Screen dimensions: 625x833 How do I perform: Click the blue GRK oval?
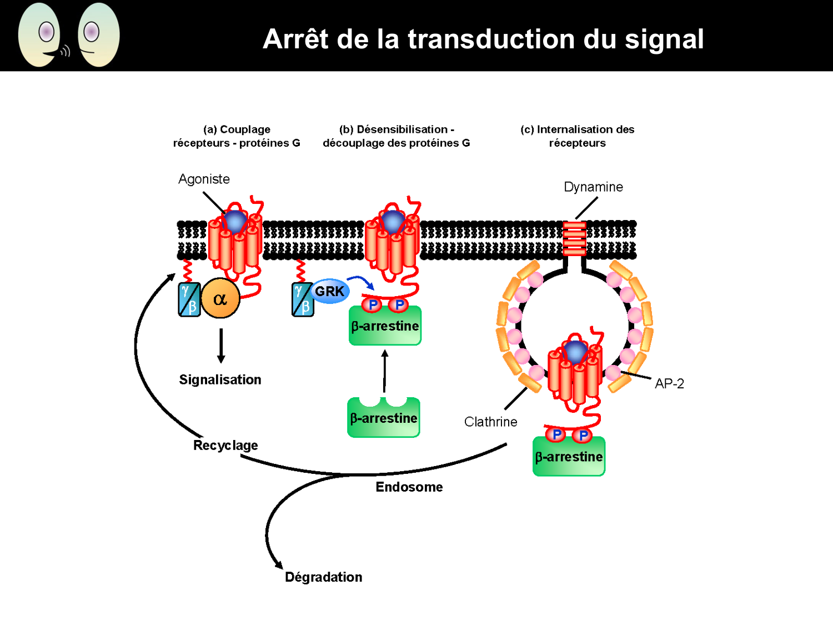click(x=329, y=291)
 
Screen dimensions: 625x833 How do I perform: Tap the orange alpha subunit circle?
click(x=220, y=298)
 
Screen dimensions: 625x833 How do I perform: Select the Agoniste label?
click(x=204, y=179)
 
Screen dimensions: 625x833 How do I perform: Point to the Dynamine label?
click(x=593, y=187)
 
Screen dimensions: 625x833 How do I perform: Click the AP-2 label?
click(x=669, y=383)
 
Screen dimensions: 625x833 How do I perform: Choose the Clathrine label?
click(x=490, y=422)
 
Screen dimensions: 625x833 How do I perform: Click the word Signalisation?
click(x=220, y=379)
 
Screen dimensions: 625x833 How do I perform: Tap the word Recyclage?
click(x=225, y=445)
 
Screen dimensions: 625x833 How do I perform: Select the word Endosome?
click(x=409, y=487)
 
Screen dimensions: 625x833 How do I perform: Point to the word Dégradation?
click(x=323, y=577)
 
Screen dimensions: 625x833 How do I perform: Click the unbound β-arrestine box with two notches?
click(x=384, y=418)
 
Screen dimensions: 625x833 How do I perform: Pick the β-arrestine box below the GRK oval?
click(x=385, y=326)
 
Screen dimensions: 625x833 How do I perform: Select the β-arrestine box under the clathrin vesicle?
click(x=569, y=457)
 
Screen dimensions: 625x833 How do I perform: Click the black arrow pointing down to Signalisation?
click(x=221, y=346)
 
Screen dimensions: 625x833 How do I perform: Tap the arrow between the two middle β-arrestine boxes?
click(x=385, y=371)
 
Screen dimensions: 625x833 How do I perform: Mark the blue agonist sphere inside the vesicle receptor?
click(x=575, y=352)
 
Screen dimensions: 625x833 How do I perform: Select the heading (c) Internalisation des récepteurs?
click(x=577, y=136)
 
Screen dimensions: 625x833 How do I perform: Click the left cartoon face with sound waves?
click(x=41, y=35)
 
